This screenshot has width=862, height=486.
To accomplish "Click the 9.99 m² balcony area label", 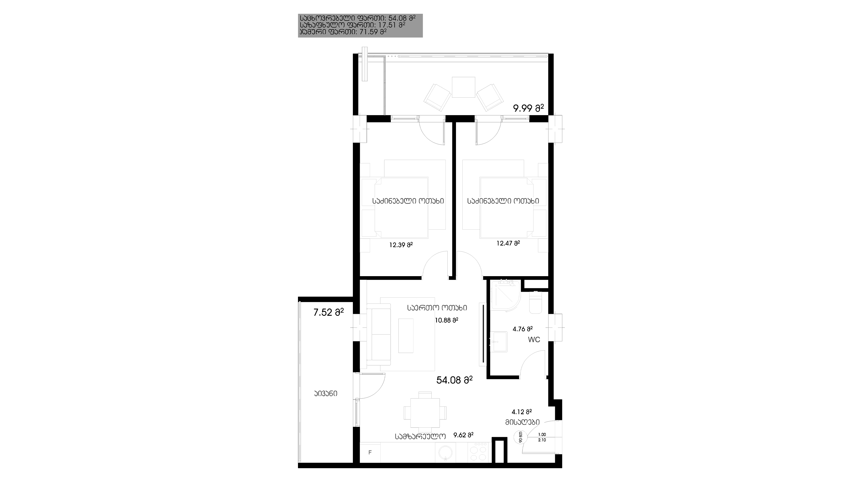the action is pyautogui.click(x=528, y=108).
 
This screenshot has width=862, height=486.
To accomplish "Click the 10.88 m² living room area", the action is pyautogui.click(x=447, y=320).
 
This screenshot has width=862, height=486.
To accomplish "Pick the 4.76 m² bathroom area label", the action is pyautogui.click(x=523, y=329).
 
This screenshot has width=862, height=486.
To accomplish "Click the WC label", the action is pyautogui.click(x=534, y=340).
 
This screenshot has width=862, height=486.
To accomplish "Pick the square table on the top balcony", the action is pyautogui.click(x=463, y=87).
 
